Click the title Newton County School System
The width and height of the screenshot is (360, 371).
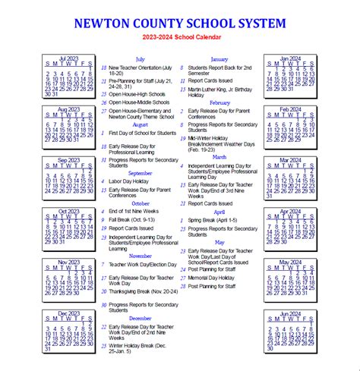(180, 23)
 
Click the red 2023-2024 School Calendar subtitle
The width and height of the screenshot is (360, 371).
(180, 37)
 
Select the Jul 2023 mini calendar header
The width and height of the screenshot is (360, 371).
(68, 58)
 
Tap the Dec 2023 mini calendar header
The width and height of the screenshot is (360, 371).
(68, 313)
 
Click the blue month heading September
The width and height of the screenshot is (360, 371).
(140, 173)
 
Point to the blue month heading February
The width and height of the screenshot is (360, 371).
(220, 102)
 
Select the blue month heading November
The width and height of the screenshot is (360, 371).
(140, 256)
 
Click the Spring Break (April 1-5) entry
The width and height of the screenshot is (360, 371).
(213, 220)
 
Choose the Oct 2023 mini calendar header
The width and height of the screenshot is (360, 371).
(68, 212)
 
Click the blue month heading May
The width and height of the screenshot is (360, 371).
(220, 242)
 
